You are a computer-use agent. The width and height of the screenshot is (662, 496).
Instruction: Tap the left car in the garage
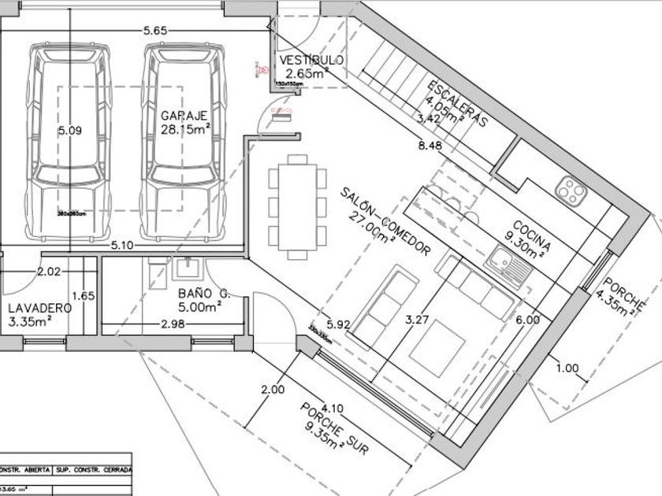pyautogui.click(x=69, y=142)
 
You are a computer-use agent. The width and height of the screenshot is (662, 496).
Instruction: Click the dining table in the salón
pyautogui.click(x=297, y=205)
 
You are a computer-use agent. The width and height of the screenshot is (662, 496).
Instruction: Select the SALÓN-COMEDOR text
pyautogui.click(x=385, y=220)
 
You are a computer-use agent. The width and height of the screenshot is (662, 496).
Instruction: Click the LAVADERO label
pyautogui.click(x=39, y=308)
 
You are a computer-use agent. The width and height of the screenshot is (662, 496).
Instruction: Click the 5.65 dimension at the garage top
pyautogui.click(x=154, y=31)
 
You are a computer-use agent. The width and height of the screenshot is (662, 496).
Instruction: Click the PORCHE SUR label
pyautogui.click(x=334, y=430)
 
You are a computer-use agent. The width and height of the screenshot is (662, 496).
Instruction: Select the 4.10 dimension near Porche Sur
pyautogui.click(x=333, y=409)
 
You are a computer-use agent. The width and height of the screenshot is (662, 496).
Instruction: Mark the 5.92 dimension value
pyautogui.click(x=337, y=323)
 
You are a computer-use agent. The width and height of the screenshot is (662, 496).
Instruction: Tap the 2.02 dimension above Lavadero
pyautogui.click(x=49, y=272)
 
